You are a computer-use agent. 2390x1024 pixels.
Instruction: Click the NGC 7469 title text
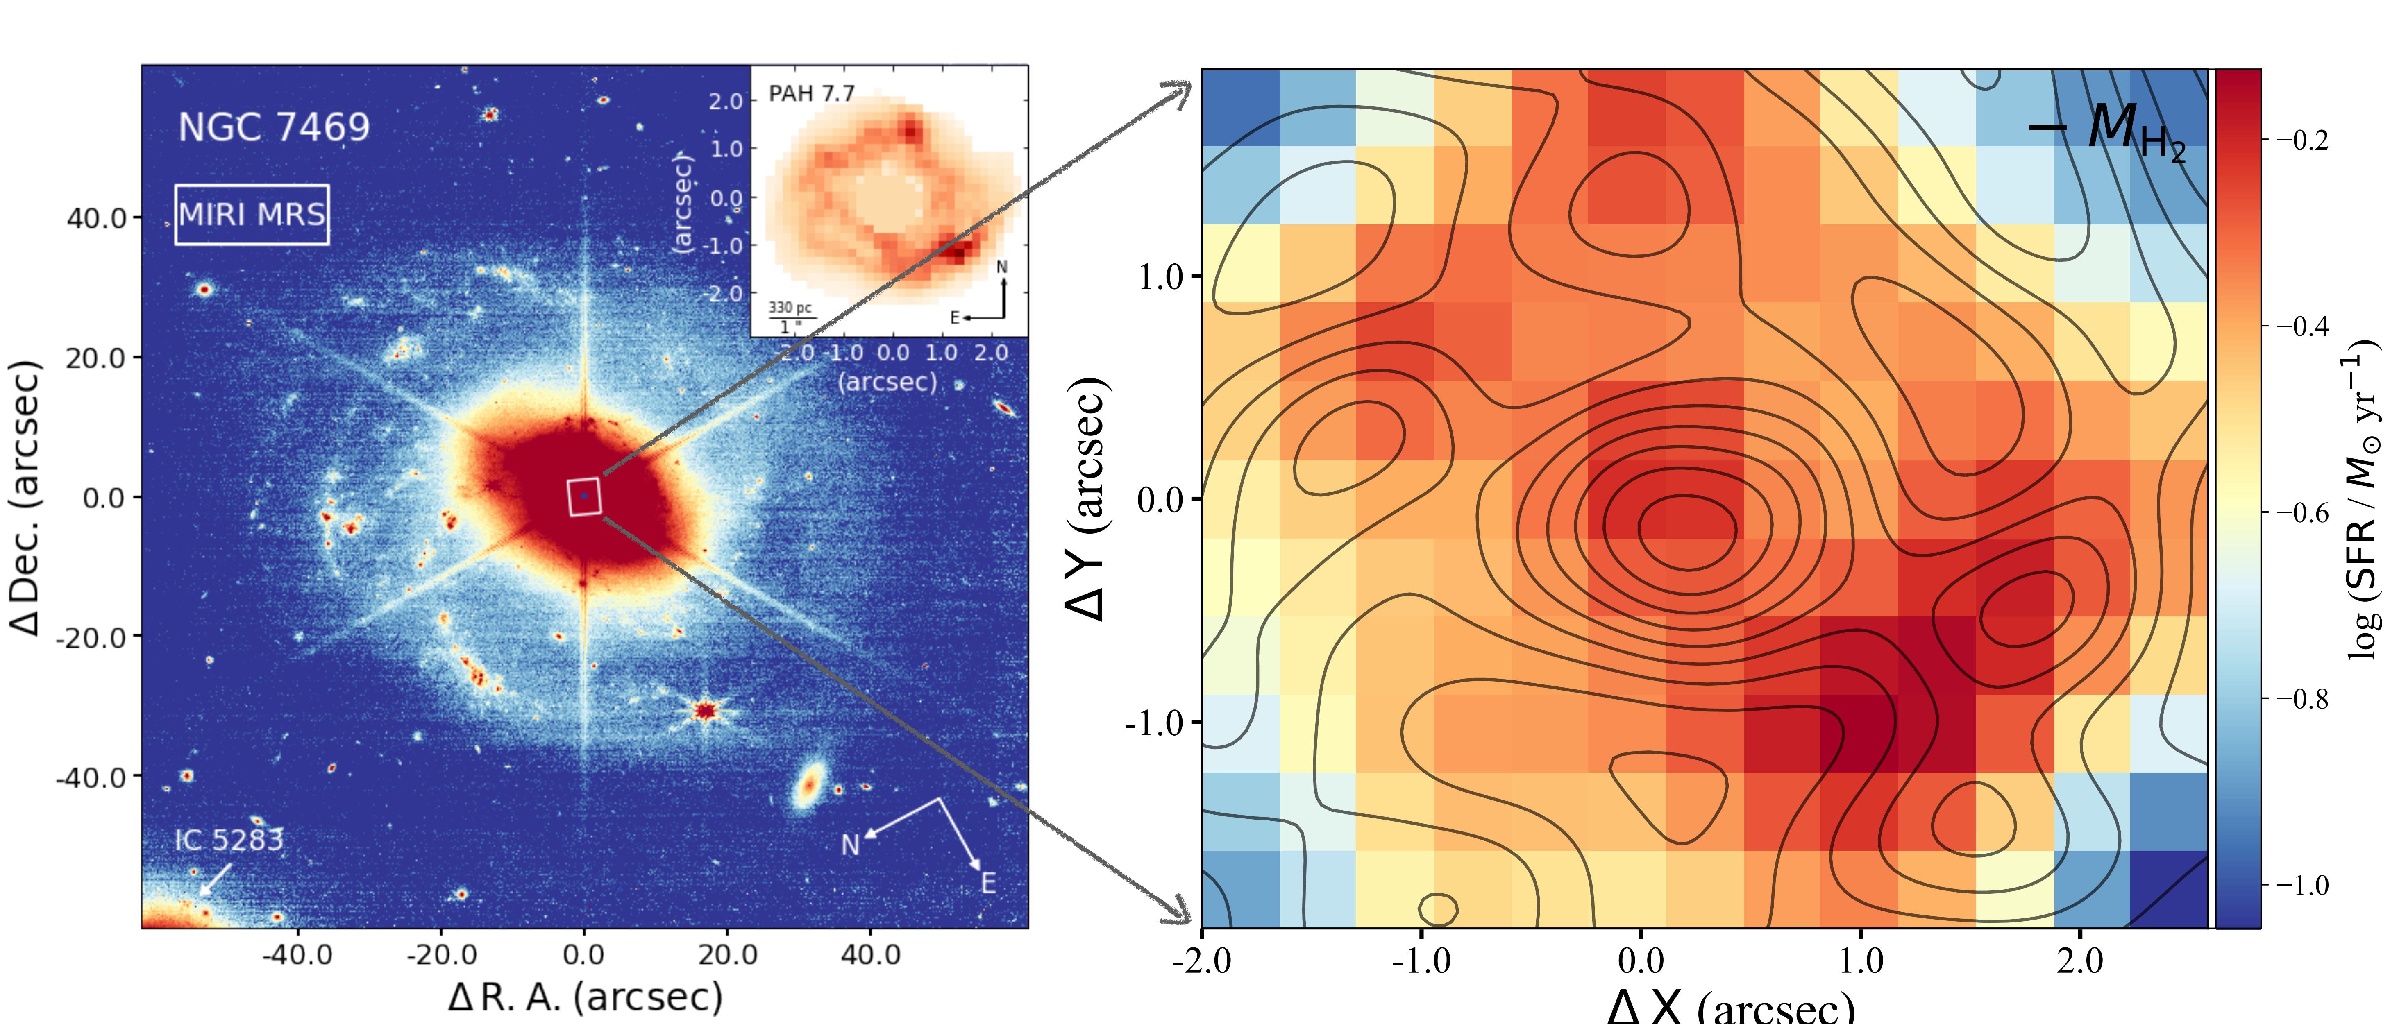tap(274, 127)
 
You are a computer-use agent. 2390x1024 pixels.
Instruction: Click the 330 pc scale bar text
tap(790, 308)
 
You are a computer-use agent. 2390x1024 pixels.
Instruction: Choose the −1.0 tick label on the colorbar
tap(2301, 885)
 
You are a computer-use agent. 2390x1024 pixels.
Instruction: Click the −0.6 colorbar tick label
tap(2301, 512)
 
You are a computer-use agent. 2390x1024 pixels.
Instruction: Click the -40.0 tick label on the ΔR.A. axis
tap(297, 954)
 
